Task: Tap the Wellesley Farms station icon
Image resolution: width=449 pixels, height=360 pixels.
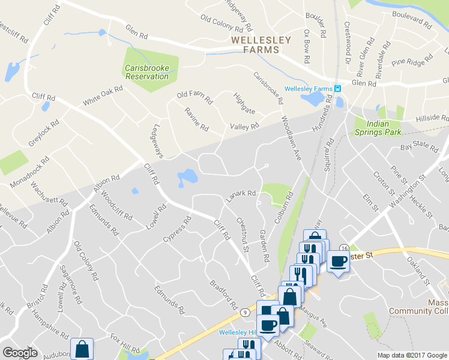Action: click(x=338, y=89)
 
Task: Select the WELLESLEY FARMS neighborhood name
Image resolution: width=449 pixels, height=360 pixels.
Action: click(x=261, y=45)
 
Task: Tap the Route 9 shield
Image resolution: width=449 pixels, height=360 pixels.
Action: click(x=246, y=312)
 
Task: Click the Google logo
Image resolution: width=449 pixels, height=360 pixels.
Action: click(x=20, y=353)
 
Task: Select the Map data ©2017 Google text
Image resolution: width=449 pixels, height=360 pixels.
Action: click(x=412, y=355)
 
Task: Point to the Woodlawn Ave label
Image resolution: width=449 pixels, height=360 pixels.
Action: click(x=290, y=137)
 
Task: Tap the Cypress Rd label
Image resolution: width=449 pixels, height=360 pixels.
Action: click(x=178, y=229)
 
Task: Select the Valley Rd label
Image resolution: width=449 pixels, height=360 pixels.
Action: click(x=244, y=127)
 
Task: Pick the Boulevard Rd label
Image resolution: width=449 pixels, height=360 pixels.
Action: click(x=411, y=21)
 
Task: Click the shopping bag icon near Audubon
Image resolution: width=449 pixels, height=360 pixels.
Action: click(x=82, y=349)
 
